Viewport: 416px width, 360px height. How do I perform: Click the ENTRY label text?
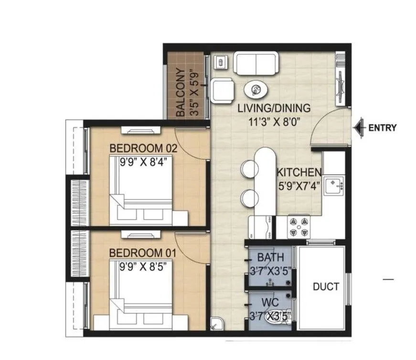[382, 128]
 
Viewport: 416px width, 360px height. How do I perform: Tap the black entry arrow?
[359, 128]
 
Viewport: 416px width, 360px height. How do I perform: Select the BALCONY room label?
[181, 93]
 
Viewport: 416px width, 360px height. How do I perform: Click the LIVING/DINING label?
[274, 108]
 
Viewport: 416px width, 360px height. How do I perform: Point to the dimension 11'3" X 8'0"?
[274, 121]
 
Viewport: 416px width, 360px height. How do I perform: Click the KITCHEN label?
[299, 172]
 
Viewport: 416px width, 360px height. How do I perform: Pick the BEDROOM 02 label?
[143, 149]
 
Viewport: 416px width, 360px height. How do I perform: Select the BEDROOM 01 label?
[143, 252]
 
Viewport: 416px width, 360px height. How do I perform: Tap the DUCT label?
[326, 287]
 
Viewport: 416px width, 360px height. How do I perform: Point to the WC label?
[270, 302]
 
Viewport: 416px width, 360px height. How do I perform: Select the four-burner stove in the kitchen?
[298, 226]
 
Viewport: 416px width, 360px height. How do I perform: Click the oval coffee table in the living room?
[257, 89]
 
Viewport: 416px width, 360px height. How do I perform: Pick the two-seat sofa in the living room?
[256, 64]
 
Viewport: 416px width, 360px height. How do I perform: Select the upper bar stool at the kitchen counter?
[248, 168]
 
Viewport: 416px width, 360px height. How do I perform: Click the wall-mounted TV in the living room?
[341, 79]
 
